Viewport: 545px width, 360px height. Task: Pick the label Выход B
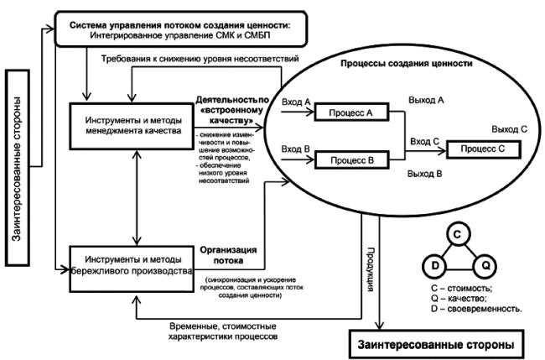pos(425,173)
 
